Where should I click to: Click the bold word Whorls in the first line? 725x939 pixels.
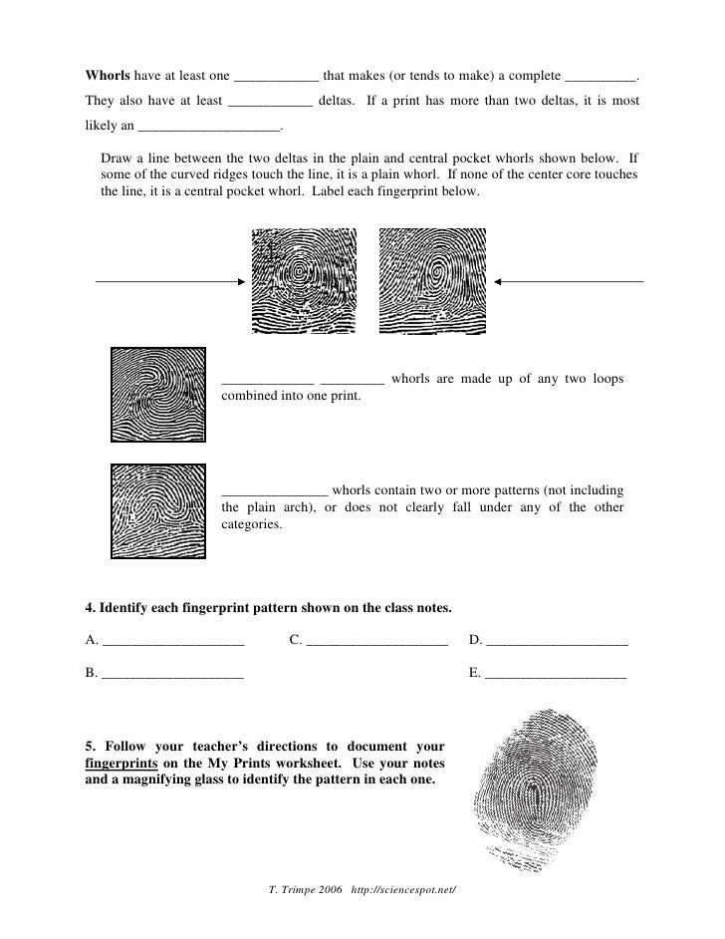(108, 77)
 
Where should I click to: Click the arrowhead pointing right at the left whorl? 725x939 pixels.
(240, 282)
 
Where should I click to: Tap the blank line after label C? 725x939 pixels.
(377, 643)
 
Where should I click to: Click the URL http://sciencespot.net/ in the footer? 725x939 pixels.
(405, 887)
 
